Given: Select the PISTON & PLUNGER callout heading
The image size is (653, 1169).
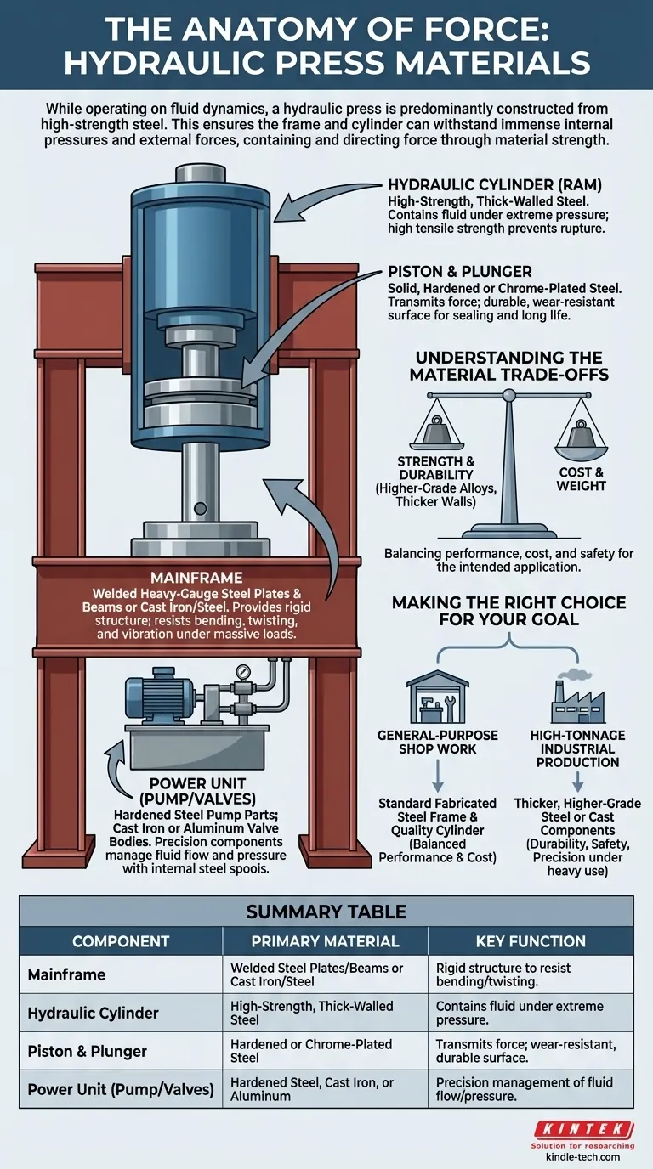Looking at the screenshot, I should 459,272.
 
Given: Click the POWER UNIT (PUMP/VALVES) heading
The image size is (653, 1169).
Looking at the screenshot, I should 196,789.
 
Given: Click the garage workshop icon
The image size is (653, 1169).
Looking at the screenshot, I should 437,697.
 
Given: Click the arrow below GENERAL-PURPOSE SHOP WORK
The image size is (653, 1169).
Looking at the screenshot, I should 438,775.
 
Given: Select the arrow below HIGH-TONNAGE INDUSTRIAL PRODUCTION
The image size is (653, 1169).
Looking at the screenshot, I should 577,782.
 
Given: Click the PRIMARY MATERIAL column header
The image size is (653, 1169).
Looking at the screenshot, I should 325,941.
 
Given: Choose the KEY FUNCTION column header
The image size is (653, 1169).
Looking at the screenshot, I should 530,941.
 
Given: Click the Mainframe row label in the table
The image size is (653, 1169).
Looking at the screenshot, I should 67,975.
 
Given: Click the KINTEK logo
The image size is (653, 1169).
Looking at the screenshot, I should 582,1129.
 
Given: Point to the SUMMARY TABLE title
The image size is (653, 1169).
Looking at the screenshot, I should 326,912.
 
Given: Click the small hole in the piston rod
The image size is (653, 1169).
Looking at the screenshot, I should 201,509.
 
